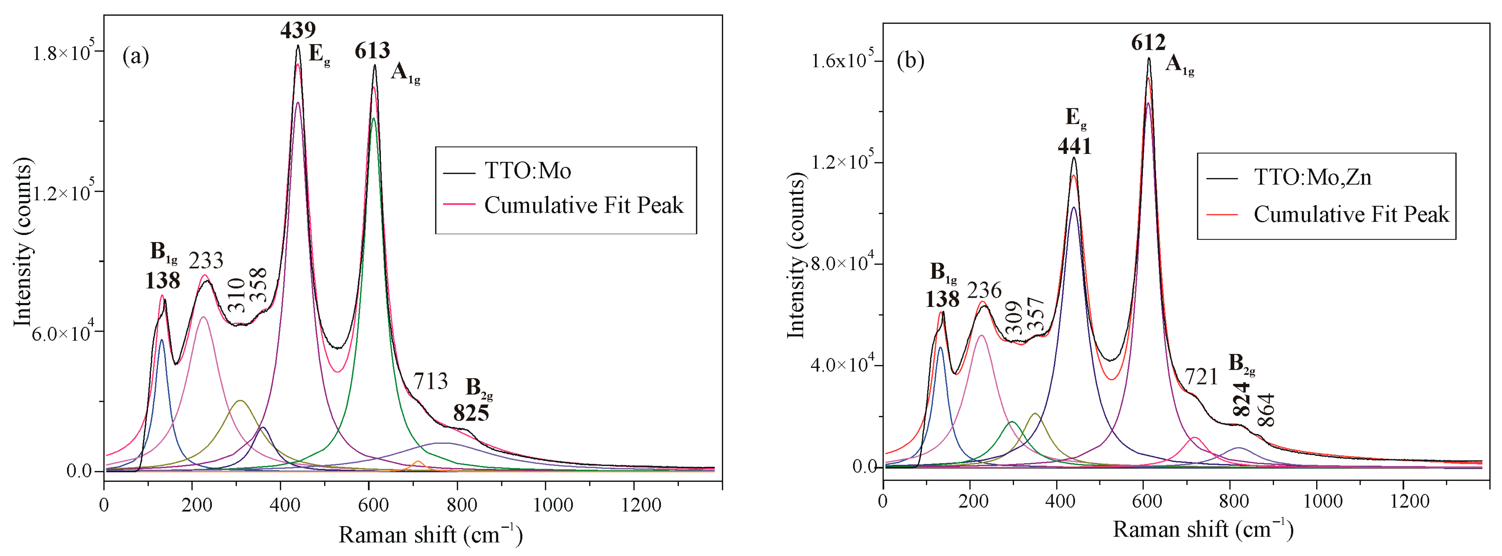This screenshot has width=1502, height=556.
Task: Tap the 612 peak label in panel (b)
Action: click(x=1148, y=43)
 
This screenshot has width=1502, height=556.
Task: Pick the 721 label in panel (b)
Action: click(x=1201, y=377)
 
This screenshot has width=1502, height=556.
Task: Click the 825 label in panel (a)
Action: click(x=471, y=413)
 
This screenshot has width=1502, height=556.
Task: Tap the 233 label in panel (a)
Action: click(x=206, y=261)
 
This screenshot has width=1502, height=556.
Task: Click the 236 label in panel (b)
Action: click(x=984, y=290)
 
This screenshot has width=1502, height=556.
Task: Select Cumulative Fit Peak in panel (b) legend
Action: click(x=1351, y=214)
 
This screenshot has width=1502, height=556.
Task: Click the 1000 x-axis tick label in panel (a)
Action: click(x=553, y=504)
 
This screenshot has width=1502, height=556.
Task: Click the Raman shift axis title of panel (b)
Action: click(x=1203, y=529)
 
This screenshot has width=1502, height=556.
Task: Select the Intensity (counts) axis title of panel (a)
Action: click(x=23, y=242)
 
